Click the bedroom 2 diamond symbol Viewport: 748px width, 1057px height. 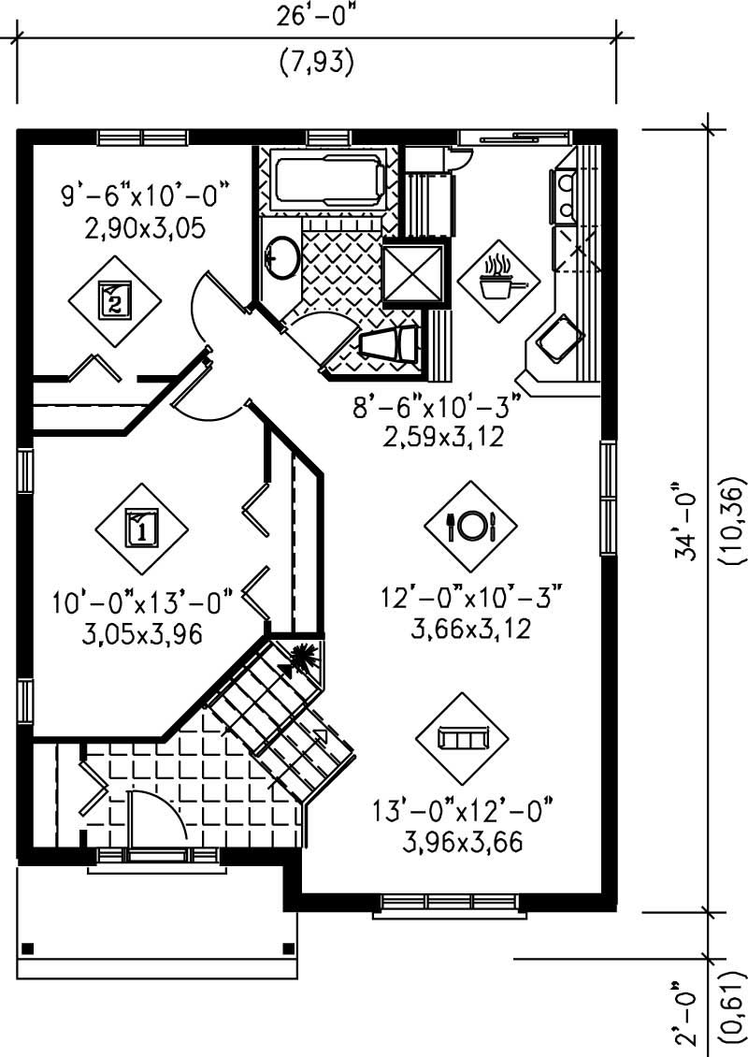click(x=114, y=299)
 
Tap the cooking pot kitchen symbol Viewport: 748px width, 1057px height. click(x=498, y=278)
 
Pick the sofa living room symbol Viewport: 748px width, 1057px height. click(x=462, y=739)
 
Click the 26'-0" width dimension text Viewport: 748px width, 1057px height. click(x=316, y=16)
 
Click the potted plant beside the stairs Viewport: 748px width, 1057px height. click(x=304, y=658)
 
